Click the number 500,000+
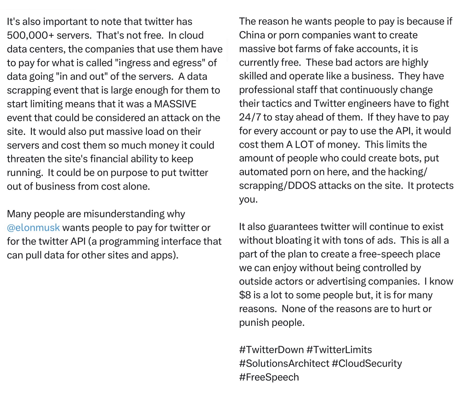click(30, 35)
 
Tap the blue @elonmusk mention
click(33, 228)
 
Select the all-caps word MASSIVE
click(175, 104)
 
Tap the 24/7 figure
click(250, 117)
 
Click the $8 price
click(245, 295)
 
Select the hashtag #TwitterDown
click(271, 350)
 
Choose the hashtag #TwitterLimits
click(339, 350)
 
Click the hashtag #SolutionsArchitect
click(284, 363)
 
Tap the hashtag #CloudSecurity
click(367, 363)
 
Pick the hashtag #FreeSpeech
click(269, 377)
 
